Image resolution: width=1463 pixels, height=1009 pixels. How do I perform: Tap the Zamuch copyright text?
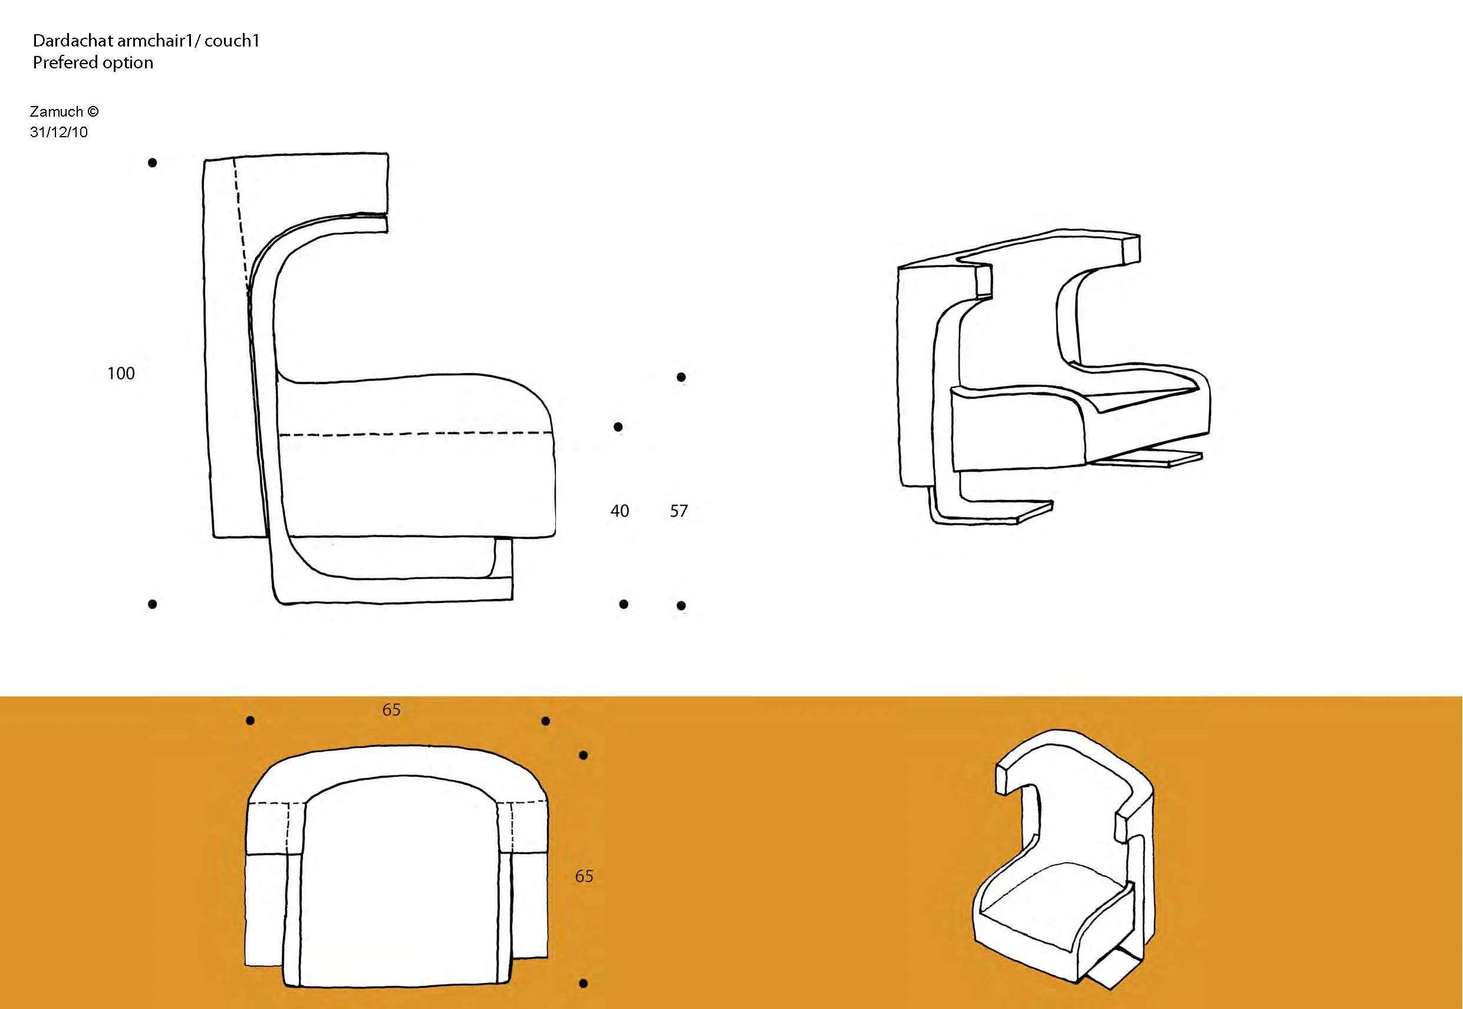(x=64, y=112)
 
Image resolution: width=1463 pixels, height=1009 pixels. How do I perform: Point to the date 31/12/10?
(x=59, y=132)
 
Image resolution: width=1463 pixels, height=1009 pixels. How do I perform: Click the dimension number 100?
(x=121, y=373)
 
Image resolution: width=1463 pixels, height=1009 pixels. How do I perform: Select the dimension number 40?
(x=620, y=511)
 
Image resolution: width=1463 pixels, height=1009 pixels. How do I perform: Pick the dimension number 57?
(x=678, y=511)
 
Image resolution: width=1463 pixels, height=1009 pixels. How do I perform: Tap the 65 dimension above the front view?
(x=391, y=710)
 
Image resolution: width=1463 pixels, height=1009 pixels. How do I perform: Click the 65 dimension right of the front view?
(x=584, y=876)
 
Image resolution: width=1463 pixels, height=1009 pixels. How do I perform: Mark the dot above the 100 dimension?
(x=153, y=163)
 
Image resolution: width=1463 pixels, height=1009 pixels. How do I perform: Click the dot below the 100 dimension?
(x=153, y=604)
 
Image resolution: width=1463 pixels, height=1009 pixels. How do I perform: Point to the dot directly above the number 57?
(x=681, y=378)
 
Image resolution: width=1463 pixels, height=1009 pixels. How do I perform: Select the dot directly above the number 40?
(x=618, y=426)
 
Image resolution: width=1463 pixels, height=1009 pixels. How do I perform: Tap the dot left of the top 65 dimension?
(x=251, y=720)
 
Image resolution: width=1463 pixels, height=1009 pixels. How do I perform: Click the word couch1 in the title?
(x=232, y=41)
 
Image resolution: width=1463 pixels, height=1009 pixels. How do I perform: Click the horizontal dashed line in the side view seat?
(x=416, y=434)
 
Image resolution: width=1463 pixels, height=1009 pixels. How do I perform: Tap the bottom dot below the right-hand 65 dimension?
(x=583, y=983)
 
